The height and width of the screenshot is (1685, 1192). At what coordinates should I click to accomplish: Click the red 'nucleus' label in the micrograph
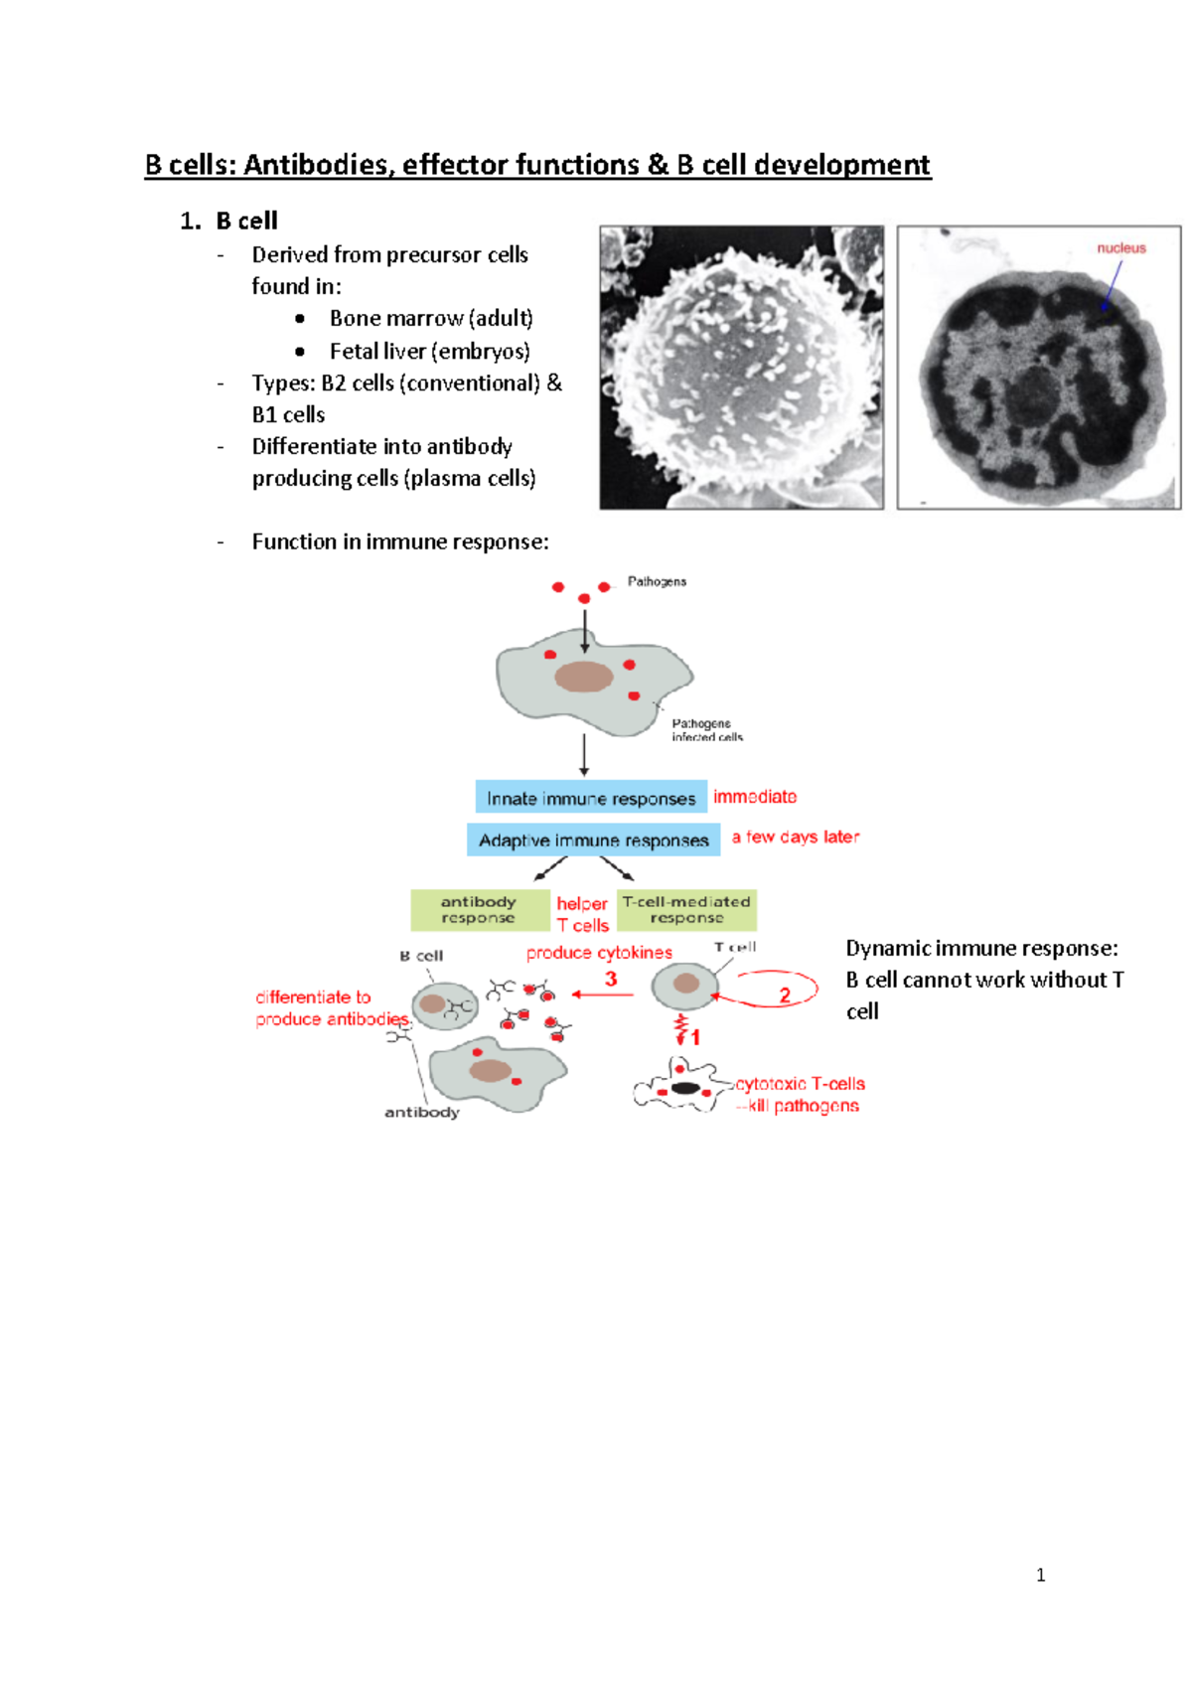[x=1120, y=248]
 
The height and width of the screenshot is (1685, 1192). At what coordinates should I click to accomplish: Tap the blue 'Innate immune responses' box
[x=591, y=798]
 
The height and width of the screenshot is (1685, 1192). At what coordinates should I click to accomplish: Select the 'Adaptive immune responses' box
[x=593, y=841]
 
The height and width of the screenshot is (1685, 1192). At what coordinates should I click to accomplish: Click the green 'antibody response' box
[x=479, y=910]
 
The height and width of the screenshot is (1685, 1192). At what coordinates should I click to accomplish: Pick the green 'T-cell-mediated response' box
[x=686, y=910]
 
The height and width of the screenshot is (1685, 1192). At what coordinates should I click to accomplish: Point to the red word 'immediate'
[x=755, y=797]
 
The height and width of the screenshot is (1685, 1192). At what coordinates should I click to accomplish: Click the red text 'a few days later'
[x=796, y=838]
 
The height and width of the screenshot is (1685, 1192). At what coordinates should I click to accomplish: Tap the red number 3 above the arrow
[x=611, y=979]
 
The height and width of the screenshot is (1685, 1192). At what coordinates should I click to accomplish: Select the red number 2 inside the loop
[x=785, y=995]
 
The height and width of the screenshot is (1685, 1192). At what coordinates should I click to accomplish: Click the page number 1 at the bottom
[x=1040, y=1575]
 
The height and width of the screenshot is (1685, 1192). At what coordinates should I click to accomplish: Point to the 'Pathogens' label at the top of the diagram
[x=657, y=582]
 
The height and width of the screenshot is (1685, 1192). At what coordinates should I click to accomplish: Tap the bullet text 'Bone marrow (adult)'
[x=431, y=319]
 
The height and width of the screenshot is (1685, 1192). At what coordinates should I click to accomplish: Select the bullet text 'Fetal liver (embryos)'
[x=429, y=352]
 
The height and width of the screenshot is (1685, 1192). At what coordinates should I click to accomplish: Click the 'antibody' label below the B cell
[x=422, y=1113]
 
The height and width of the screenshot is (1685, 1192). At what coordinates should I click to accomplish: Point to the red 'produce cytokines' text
[x=599, y=953]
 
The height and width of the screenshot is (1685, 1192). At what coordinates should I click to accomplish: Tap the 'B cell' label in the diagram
[x=421, y=956]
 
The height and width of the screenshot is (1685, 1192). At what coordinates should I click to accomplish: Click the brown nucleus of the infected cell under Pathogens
[x=584, y=677]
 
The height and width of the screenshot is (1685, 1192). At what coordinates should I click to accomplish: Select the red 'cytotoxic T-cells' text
[x=800, y=1084]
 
